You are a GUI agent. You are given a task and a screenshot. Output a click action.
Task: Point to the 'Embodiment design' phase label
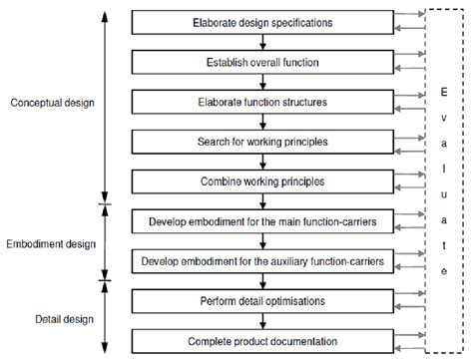click(51, 243)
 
